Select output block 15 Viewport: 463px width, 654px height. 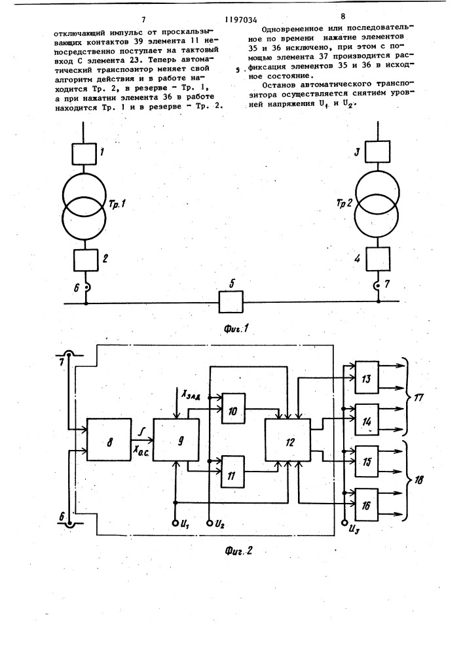point(367,460)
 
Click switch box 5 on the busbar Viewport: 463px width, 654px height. point(230,303)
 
